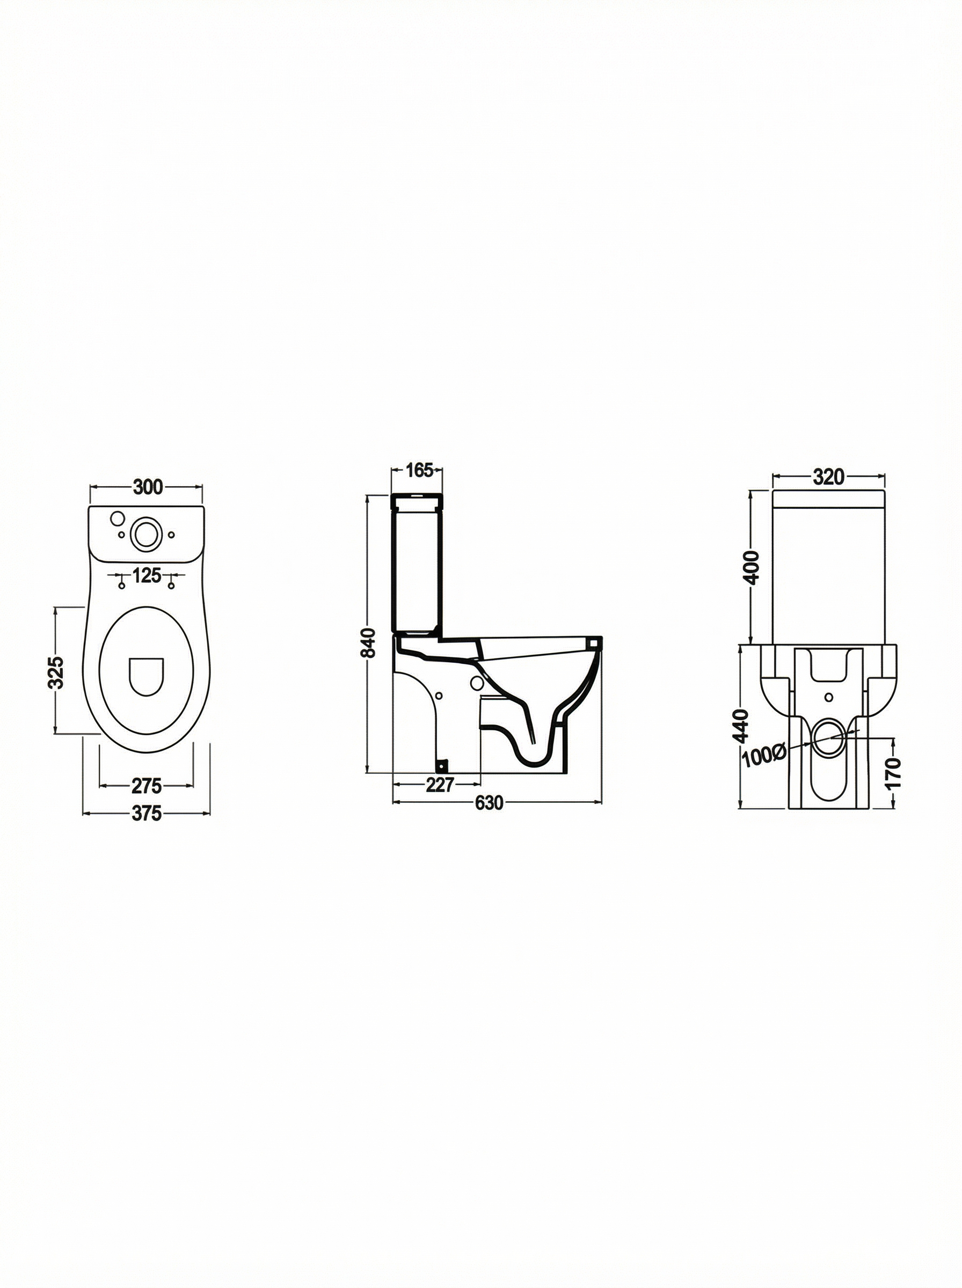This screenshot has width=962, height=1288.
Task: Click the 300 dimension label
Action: coord(148,487)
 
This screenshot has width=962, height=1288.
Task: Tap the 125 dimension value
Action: coord(146,576)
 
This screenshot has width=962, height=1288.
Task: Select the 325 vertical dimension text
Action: coord(56,672)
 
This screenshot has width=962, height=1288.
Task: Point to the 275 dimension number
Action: coord(146,786)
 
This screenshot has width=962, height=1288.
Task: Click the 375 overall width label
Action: coord(146,814)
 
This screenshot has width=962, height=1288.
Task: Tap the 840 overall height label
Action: coord(368,642)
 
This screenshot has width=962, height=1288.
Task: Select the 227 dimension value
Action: coord(440,785)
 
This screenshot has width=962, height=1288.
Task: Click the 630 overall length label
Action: coord(489,803)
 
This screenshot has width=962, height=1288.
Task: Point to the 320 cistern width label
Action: coord(829,477)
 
